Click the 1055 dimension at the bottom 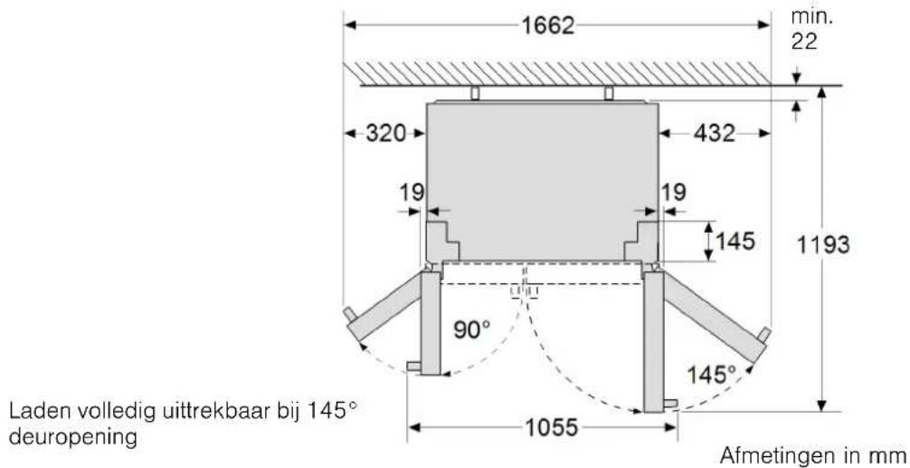(x=550, y=428)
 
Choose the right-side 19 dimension (x=673, y=192)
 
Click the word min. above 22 (x=810, y=16)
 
